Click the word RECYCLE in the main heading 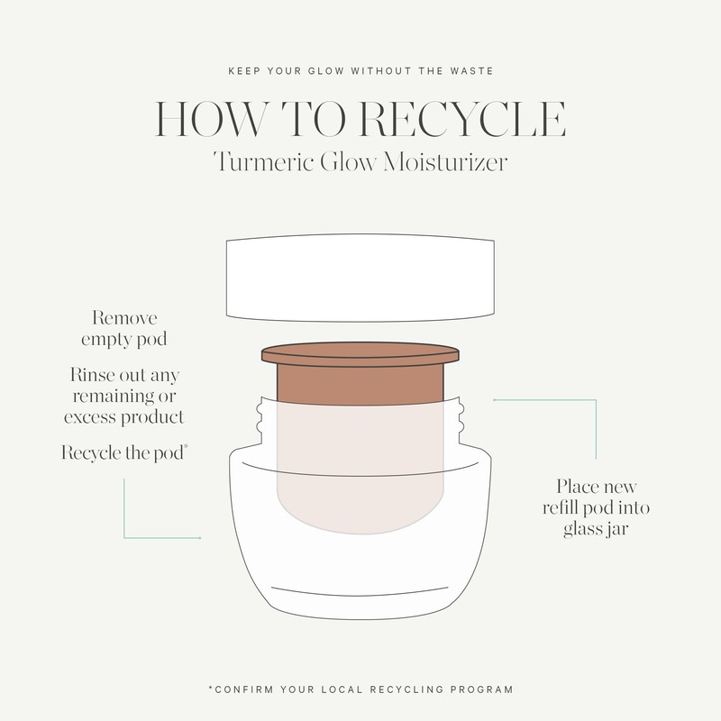(x=462, y=119)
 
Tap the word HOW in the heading (x=210, y=119)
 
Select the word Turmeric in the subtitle (x=263, y=162)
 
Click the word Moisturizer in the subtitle (x=444, y=162)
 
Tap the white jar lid (x=360, y=278)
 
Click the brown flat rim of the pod (x=360, y=354)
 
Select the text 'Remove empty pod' (x=124, y=329)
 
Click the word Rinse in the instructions (x=93, y=375)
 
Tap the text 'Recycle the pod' (x=123, y=453)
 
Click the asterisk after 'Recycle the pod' (x=186, y=445)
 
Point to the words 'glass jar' (x=596, y=529)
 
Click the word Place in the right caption (x=577, y=486)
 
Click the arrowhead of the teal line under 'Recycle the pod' (x=199, y=537)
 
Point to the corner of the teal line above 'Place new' (x=596, y=400)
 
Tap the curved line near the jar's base (x=360, y=592)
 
